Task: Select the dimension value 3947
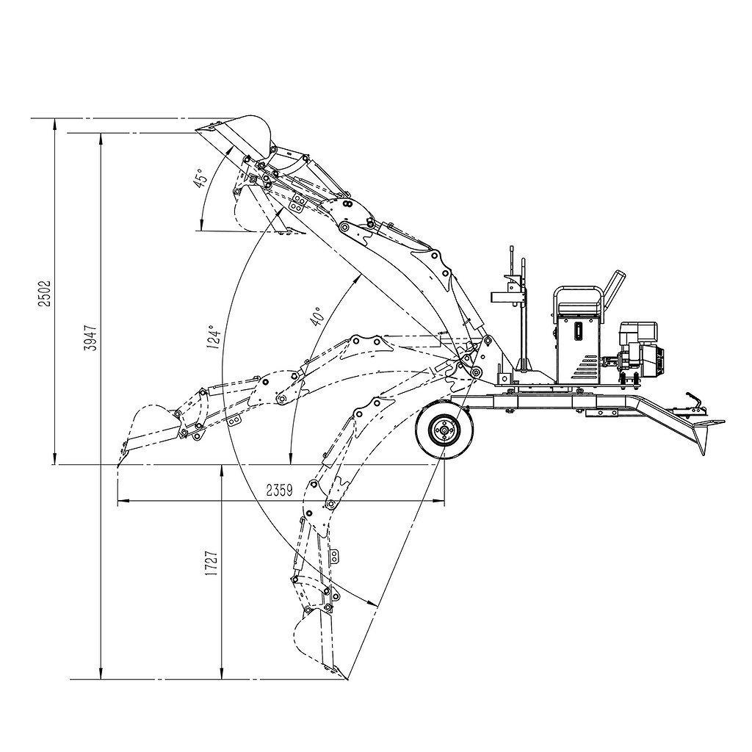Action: point(90,338)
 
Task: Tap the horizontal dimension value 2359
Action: point(280,490)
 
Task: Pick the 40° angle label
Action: point(319,317)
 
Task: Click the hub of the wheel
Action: point(444,431)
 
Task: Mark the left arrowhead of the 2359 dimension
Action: point(123,501)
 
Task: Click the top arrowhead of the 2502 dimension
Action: point(54,124)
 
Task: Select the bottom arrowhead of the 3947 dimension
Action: point(101,673)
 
